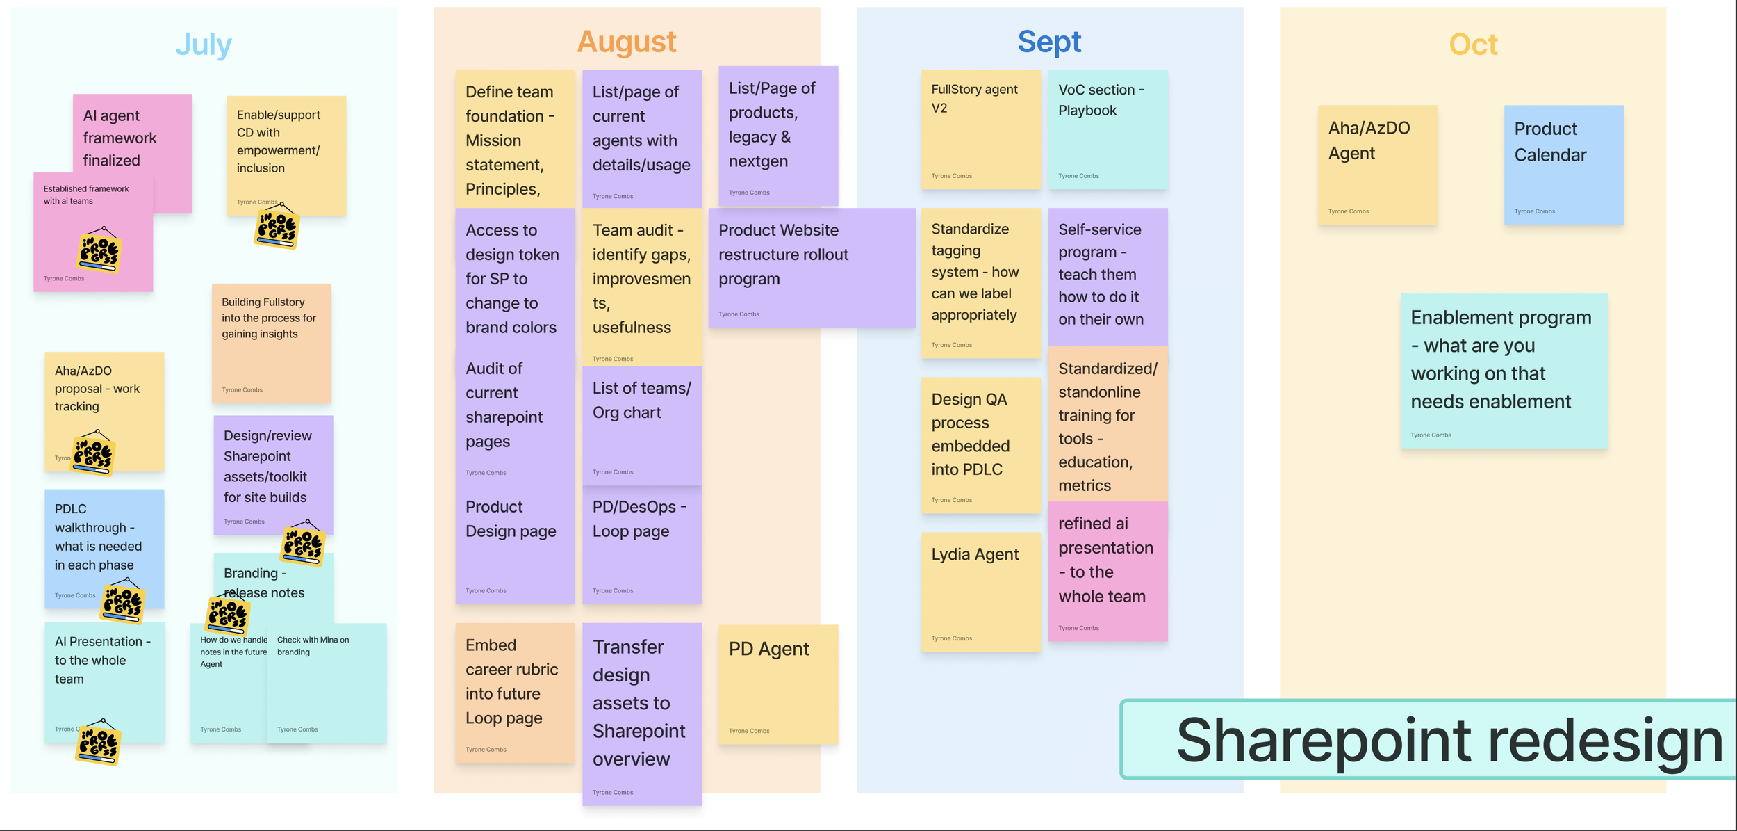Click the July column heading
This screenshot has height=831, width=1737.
[203, 45]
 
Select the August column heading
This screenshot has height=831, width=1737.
[626, 42]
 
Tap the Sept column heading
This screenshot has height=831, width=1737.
[1049, 42]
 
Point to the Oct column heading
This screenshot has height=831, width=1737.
[1473, 45]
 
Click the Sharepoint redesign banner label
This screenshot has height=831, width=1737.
[1449, 740]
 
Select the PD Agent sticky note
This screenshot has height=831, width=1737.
[777, 685]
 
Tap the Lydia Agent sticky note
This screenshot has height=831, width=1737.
[980, 592]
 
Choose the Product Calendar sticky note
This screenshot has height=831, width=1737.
[1563, 165]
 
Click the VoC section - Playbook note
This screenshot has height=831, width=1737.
[1108, 129]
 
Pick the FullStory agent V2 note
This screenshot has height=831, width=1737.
[980, 129]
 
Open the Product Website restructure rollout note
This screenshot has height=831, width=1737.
[812, 268]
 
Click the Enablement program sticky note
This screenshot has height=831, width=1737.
[1504, 371]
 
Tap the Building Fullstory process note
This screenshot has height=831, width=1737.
[271, 343]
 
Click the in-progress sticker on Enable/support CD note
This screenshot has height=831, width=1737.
[277, 227]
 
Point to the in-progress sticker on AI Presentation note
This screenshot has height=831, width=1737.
[98, 743]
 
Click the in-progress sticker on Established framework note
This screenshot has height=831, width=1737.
[99, 251]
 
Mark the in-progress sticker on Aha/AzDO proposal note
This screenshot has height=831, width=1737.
[93, 454]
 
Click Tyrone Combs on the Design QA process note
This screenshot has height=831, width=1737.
[951, 500]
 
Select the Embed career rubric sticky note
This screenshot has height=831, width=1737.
[514, 692]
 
